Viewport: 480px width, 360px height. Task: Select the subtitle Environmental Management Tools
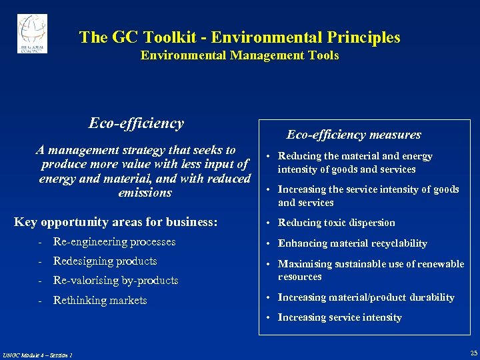[239, 56]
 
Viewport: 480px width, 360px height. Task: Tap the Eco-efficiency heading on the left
[136, 123]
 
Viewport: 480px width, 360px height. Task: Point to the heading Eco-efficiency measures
[353, 135]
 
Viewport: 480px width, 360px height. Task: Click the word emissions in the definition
[145, 193]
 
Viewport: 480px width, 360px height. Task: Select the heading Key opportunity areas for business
[116, 222]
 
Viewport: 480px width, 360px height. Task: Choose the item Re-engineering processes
[114, 241]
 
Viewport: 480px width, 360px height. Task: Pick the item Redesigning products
[105, 261]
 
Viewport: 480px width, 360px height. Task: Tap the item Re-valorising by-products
[115, 280]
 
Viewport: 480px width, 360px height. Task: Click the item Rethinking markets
[100, 300]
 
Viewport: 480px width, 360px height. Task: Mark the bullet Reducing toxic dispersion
[336, 223]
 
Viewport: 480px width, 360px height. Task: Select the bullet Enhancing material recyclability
[352, 243]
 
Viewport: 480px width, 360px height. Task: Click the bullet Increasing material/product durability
[365, 297]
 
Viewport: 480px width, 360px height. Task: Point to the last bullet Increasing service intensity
[339, 317]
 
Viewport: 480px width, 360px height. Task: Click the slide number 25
[473, 352]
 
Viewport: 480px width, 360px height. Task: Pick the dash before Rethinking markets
[41, 300]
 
